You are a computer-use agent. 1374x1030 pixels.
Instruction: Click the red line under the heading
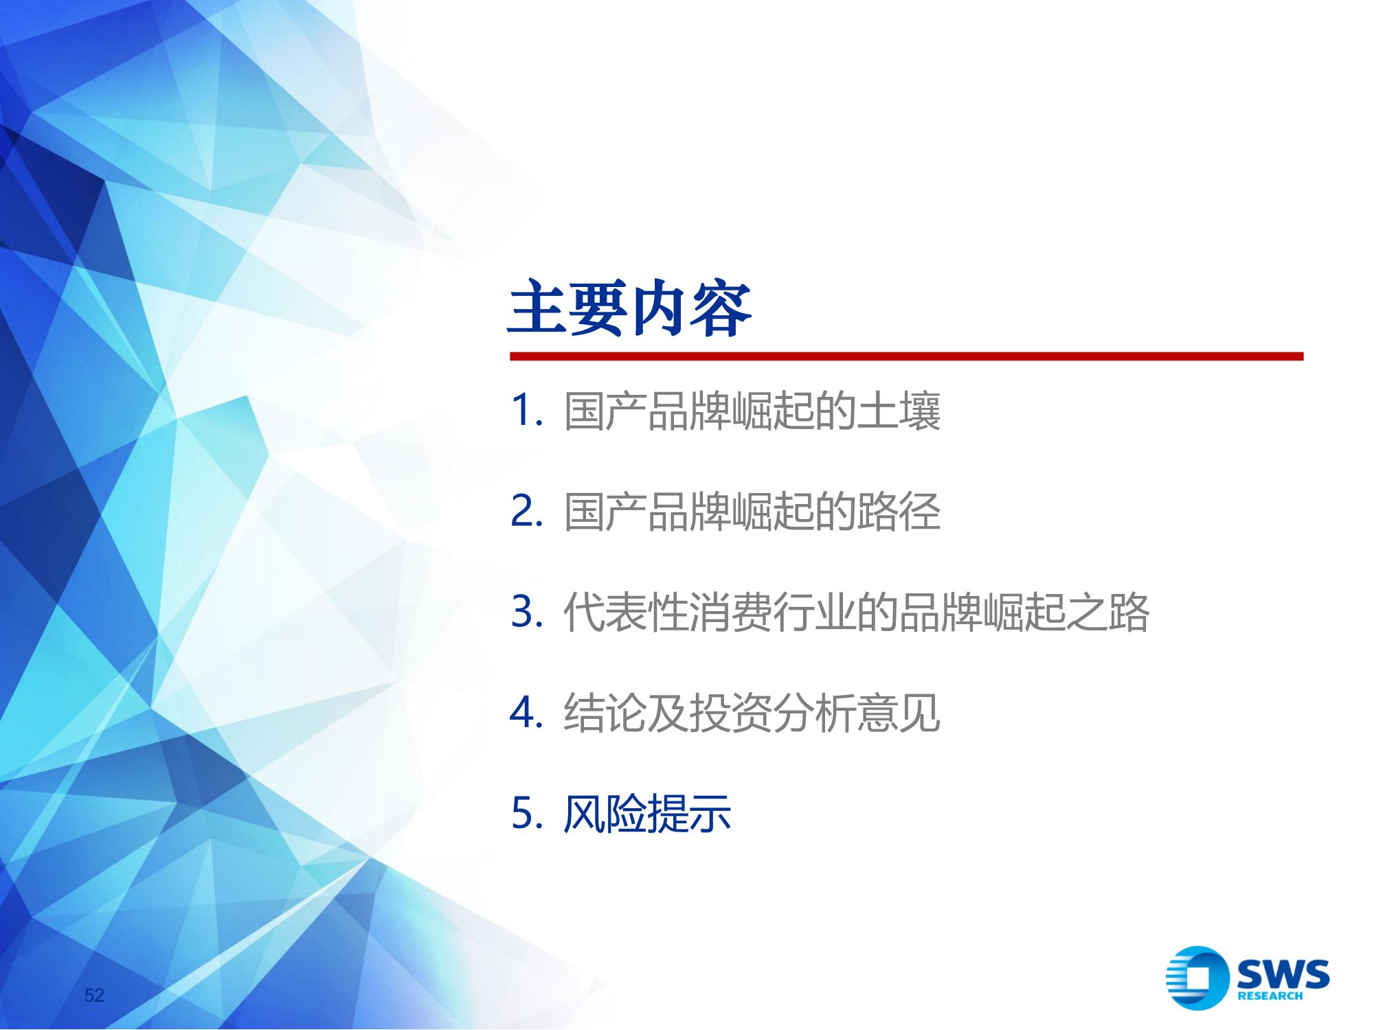pos(906,356)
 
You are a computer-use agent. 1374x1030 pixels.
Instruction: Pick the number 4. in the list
pos(528,713)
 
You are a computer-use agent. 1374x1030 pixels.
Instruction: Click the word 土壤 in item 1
pos(899,411)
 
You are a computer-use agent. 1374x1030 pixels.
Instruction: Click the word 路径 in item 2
pos(899,512)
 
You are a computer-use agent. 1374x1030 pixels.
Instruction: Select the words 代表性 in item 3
pos(626,613)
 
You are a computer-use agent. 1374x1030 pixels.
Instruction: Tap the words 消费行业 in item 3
pos(773,613)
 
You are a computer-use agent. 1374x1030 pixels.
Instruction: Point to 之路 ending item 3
pos(1108,613)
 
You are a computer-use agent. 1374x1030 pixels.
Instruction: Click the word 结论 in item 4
pos(605,713)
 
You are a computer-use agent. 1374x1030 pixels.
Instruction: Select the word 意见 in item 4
pos(899,713)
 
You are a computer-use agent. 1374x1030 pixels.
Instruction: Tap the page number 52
pos(94,995)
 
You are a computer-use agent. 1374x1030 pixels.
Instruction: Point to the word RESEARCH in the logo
pos(1270,996)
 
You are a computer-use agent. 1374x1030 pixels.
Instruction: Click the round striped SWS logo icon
pos(1197,978)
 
